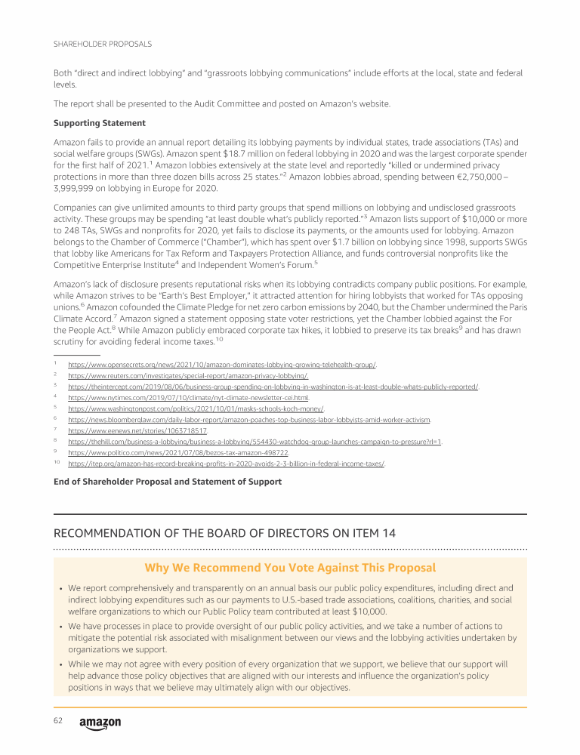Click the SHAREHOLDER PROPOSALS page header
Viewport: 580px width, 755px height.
(x=102, y=45)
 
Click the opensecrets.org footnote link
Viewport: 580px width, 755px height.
(x=221, y=365)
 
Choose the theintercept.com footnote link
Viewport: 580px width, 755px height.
(x=273, y=387)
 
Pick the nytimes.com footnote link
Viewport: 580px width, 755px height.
(x=189, y=398)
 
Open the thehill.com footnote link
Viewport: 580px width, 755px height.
(x=255, y=442)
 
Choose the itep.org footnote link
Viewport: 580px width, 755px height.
(x=226, y=464)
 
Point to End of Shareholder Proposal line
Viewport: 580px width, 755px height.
(x=168, y=481)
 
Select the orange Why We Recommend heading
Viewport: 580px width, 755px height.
(x=290, y=568)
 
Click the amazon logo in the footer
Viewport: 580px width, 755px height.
(x=100, y=723)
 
